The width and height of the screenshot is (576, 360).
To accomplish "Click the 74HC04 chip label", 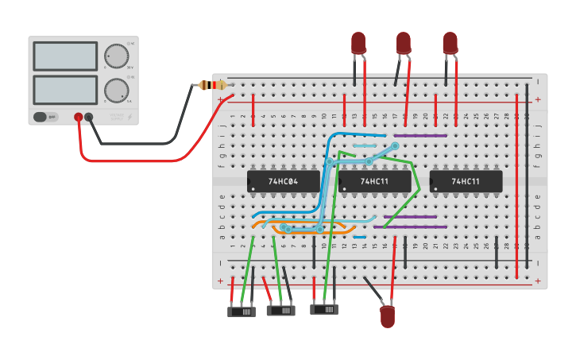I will point(283,181).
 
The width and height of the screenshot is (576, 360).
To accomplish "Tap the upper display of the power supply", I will point(65,56).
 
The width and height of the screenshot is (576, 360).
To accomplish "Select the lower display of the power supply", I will point(65,90).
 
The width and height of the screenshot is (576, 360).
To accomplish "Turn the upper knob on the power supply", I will point(116,56).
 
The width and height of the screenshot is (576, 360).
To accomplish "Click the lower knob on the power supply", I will point(116,90).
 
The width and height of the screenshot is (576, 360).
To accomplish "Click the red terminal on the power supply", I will point(78,117).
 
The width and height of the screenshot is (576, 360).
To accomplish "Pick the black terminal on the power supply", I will point(89,117).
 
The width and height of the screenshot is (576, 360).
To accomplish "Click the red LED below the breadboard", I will point(387,316).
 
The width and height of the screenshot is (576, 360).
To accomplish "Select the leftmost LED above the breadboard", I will point(358,43).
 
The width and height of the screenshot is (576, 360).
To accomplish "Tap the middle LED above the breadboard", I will point(404,43).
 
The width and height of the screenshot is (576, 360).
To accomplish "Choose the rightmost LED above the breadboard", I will point(450,43).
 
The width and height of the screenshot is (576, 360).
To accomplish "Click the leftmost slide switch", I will point(242,312).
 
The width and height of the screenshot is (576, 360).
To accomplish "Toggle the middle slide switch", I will point(280,311).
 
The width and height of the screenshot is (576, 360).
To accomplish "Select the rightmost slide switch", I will point(323,308).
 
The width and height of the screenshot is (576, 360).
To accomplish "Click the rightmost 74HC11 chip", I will point(466,181).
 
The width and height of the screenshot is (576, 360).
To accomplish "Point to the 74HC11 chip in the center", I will point(374,181).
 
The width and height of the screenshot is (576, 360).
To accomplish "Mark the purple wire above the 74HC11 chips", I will point(421,135).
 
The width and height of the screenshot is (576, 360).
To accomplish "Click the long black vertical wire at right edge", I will point(527,175).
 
